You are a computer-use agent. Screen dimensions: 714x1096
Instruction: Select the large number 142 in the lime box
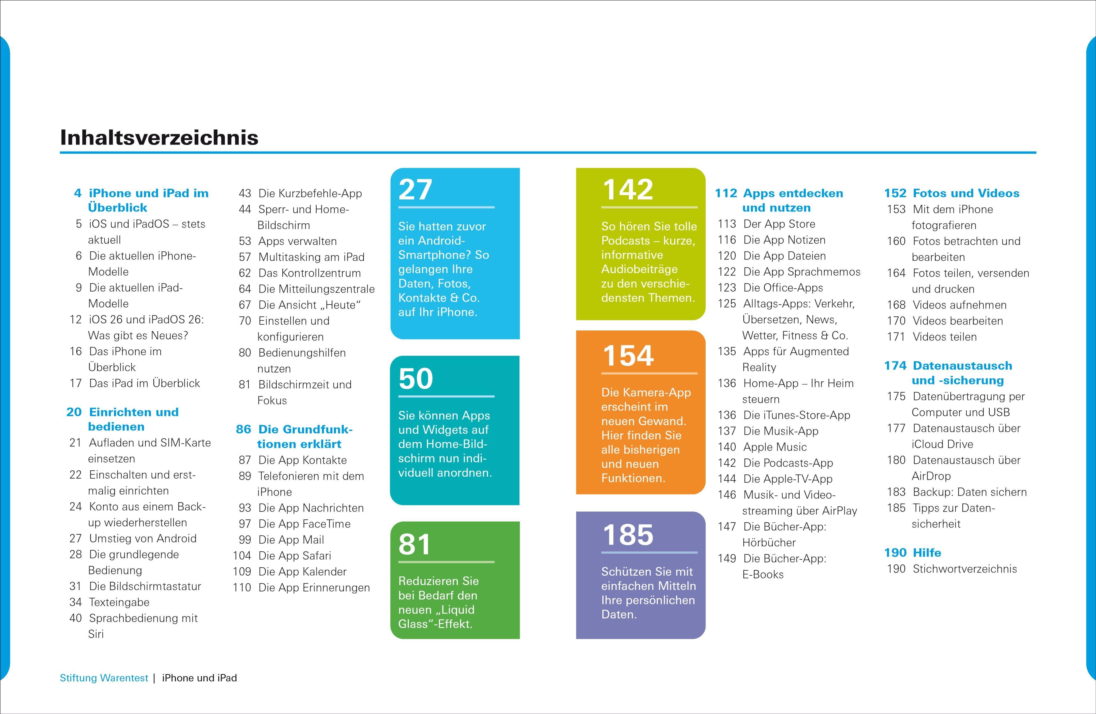(x=628, y=189)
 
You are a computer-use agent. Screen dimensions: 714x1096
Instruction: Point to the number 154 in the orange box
(x=628, y=355)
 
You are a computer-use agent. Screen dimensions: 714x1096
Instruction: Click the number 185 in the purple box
(x=628, y=535)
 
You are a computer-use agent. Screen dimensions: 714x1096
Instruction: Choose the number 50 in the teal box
(x=415, y=379)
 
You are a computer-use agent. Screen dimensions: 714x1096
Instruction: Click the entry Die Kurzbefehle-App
(x=310, y=193)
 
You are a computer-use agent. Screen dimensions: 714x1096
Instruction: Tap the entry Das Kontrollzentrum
(x=309, y=273)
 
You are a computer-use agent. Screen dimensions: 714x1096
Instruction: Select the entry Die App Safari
(x=295, y=556)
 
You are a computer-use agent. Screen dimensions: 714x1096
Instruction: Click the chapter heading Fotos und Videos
(x=966, y=193)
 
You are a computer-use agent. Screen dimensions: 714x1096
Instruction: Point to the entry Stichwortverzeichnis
(x=965, y=569)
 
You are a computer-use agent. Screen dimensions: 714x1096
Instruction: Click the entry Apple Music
(x=775, y=447)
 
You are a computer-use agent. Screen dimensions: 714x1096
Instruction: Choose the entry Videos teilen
(x=944, y=337)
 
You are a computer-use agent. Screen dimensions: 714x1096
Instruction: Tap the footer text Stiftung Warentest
(x=104, y=678)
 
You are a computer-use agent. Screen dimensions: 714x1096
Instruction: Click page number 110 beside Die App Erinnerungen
(x=242, y=588)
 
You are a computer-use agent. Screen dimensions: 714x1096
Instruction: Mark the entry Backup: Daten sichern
(x=970, y=492)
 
